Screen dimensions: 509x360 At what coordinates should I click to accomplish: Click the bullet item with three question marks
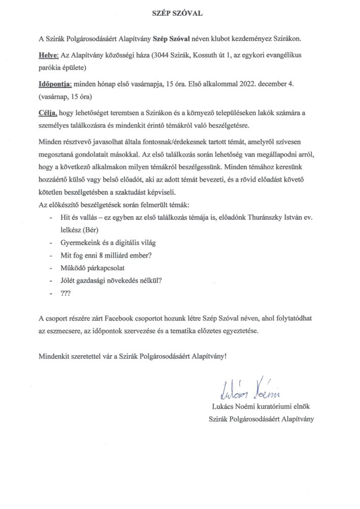pyautogui.click(x=66, y=293)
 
